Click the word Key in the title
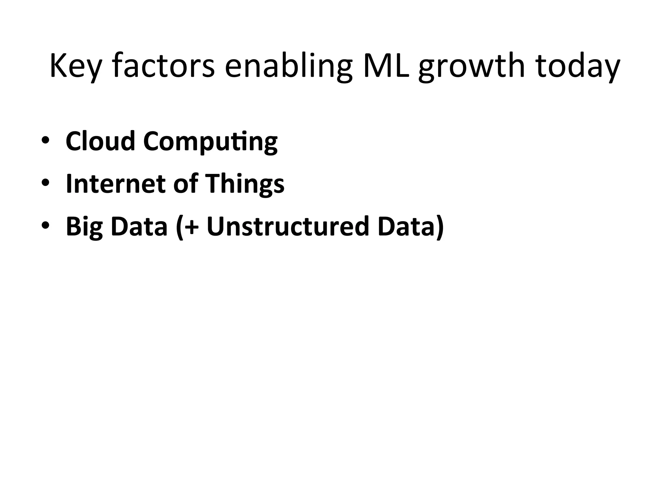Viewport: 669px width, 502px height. point(74,66)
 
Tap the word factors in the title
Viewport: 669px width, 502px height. point(163,66)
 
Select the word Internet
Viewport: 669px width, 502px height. point(115,184)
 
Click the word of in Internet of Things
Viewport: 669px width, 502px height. point(186,184)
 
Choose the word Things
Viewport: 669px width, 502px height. point(244,184)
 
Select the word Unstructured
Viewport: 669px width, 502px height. point(288,226)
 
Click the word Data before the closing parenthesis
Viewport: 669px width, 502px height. point(406,226)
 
